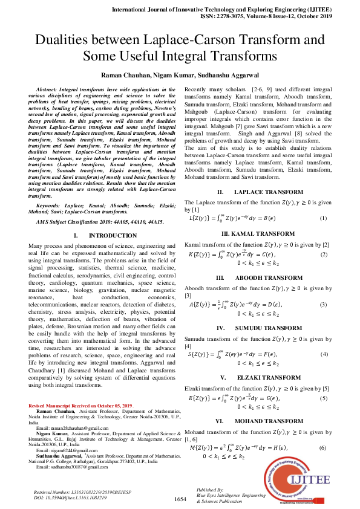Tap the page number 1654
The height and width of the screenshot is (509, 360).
[x=180, y=499]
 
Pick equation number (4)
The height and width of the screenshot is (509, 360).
[x=324, y=354]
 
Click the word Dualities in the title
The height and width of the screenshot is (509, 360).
[x=64, y=41]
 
